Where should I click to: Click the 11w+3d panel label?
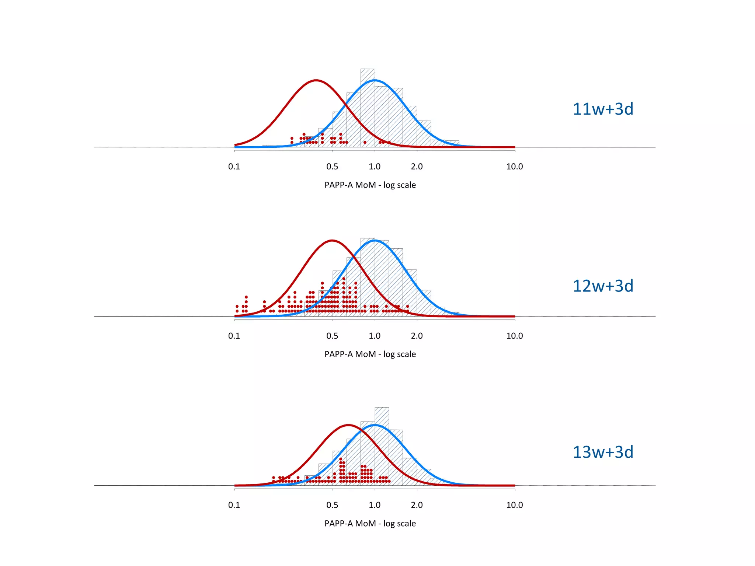(603, 109)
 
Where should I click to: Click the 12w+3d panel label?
(603, 286)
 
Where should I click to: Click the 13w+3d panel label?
(603, 452)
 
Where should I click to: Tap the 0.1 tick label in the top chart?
(234, 167)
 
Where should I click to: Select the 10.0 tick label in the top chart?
(514, 167)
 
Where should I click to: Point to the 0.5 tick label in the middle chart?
(332, 336)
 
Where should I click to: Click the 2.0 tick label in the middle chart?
(417, 336)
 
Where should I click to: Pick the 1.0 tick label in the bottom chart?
(375, 505)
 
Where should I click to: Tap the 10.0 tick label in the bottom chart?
(514, 505)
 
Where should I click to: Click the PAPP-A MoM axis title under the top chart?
(370, 185)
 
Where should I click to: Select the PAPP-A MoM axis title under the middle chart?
(370, 354)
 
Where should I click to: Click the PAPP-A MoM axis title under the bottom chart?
(370, 523)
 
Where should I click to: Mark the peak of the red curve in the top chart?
(316, 80)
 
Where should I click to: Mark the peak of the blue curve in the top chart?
(375, 80)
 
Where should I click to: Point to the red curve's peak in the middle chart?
(332, 241)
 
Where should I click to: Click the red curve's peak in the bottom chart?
(348, 425)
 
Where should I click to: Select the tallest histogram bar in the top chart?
(368, 107)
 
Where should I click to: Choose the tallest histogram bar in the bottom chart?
(382, 446)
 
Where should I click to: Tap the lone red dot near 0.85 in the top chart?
(365, 142)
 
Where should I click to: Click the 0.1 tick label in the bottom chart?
(234, 505)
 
